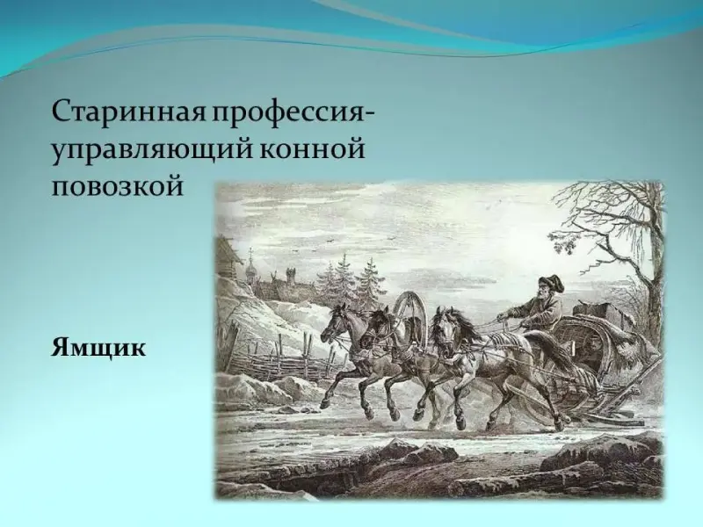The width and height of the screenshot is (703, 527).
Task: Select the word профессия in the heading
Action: point(294,112)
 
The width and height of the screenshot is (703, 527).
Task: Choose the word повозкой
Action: point(118,186)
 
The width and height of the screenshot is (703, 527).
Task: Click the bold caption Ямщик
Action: point(98,347)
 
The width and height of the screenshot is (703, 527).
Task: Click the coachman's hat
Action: point(550,282)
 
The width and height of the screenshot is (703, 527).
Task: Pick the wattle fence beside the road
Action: point(287,363)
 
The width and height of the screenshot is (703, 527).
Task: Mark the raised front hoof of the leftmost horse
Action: point(323,406)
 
